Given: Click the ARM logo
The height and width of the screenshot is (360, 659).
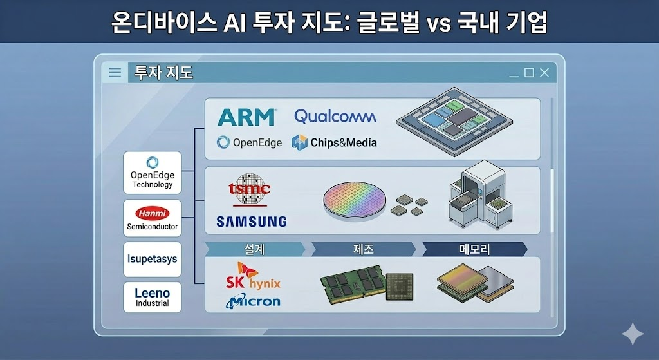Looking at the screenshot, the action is coord(247,117).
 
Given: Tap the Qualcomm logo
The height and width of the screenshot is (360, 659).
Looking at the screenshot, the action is coord(335,117).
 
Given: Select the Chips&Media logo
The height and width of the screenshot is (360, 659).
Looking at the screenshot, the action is coord(334,142).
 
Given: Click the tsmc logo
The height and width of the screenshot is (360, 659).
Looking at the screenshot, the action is coord(249,189).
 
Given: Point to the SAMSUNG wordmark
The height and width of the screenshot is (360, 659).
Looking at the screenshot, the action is coord(252,222).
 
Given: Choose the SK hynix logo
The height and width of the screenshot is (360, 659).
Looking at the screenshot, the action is coord(252,276).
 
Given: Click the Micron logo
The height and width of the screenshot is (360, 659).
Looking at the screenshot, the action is coord(253,301).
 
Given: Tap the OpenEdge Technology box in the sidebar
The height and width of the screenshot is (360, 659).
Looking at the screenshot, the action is coord(152,173).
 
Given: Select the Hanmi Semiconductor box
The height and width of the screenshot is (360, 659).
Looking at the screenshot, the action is coord(152,218).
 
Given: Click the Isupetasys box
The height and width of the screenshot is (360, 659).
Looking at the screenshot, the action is coord(152,259).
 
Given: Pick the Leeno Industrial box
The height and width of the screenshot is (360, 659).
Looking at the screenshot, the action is coord(152,298).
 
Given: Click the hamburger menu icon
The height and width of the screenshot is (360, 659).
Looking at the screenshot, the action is coord(115,73).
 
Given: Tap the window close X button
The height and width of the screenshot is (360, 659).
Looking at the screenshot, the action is coord(544,73).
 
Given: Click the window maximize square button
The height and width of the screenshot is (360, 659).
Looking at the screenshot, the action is coord(529,73).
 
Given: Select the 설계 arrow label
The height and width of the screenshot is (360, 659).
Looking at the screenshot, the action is coord(255,249).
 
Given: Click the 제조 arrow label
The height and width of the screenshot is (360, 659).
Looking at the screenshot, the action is coord(364,249).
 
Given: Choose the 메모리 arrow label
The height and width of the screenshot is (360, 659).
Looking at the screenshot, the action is coord(474,249).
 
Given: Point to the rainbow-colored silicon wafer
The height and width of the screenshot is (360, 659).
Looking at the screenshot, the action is coord(355,200).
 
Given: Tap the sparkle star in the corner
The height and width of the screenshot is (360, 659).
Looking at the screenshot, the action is coord(633,334).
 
